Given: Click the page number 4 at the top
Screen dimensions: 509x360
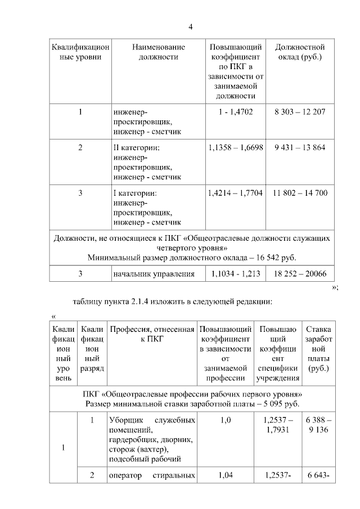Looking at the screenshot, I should (190, 28).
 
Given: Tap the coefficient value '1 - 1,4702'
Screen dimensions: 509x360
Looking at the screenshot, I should (236, 112).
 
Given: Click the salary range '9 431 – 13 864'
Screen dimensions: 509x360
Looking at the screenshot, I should (299, 147).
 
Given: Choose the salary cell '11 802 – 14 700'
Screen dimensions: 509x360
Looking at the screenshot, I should (299, 193).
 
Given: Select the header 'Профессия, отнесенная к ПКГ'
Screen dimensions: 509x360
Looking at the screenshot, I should (152, 334).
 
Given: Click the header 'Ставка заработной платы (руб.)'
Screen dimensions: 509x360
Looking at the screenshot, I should (319, 349).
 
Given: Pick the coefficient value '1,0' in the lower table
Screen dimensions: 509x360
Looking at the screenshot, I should (225, 421).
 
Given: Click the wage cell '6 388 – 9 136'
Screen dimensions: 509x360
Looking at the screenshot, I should (319, 425).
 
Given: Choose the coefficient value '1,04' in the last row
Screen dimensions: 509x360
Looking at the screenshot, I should (225, 476).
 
